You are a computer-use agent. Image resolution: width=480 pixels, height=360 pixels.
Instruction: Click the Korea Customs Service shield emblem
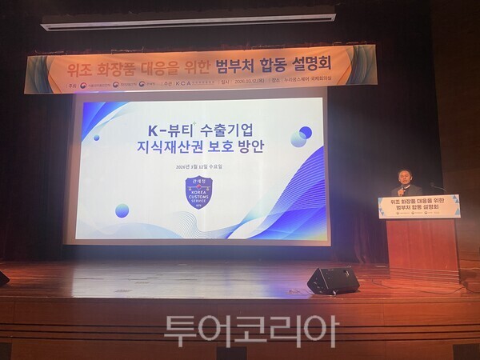click(198, 193)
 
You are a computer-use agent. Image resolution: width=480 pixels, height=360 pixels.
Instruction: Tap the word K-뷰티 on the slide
click(148, 129)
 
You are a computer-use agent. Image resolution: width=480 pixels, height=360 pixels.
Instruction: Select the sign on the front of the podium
click(418, 206)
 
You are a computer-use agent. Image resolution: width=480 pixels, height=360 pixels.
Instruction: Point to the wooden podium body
click(422, 248)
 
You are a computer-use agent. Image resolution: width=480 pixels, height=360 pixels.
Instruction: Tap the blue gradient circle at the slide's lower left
click(122, 210)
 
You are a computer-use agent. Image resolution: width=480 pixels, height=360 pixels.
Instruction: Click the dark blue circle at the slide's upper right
click(306, 132)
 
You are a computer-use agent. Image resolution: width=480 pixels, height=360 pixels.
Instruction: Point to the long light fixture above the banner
click(188, 19)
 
